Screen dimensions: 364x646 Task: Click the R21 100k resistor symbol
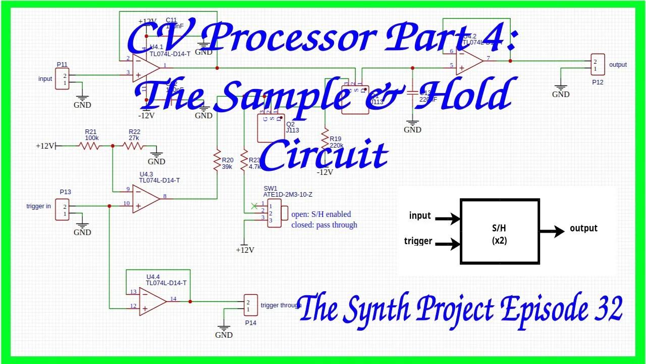coord(90,146)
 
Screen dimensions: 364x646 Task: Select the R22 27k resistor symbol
coord(133,146)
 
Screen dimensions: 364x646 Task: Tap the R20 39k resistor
coord(217,158)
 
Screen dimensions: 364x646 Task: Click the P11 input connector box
coord(64,79)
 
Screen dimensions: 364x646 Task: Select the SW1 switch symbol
coord(275,213)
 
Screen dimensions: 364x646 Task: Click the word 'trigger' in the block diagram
coord(418,241)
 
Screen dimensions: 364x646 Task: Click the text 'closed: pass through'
coord(324,225)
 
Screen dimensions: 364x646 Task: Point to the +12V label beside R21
coord(45,146)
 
